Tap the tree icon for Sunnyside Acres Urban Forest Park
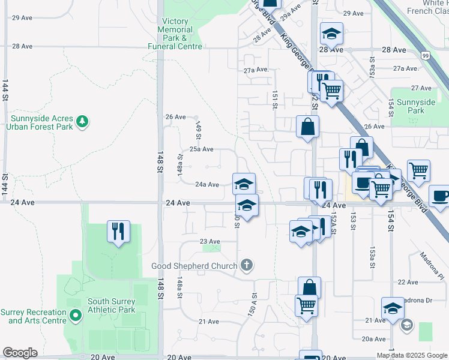coord(82,122)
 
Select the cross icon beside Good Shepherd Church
coord(246,265)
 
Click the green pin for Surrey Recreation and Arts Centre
coord(75,316)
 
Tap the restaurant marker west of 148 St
coord(118,230)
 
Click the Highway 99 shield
coord(426,56)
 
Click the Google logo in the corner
coord(20,353)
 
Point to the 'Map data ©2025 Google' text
coord(411,355)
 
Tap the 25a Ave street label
coord(201,149)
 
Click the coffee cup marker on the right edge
coord(440,197)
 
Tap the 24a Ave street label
coord(206,185)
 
